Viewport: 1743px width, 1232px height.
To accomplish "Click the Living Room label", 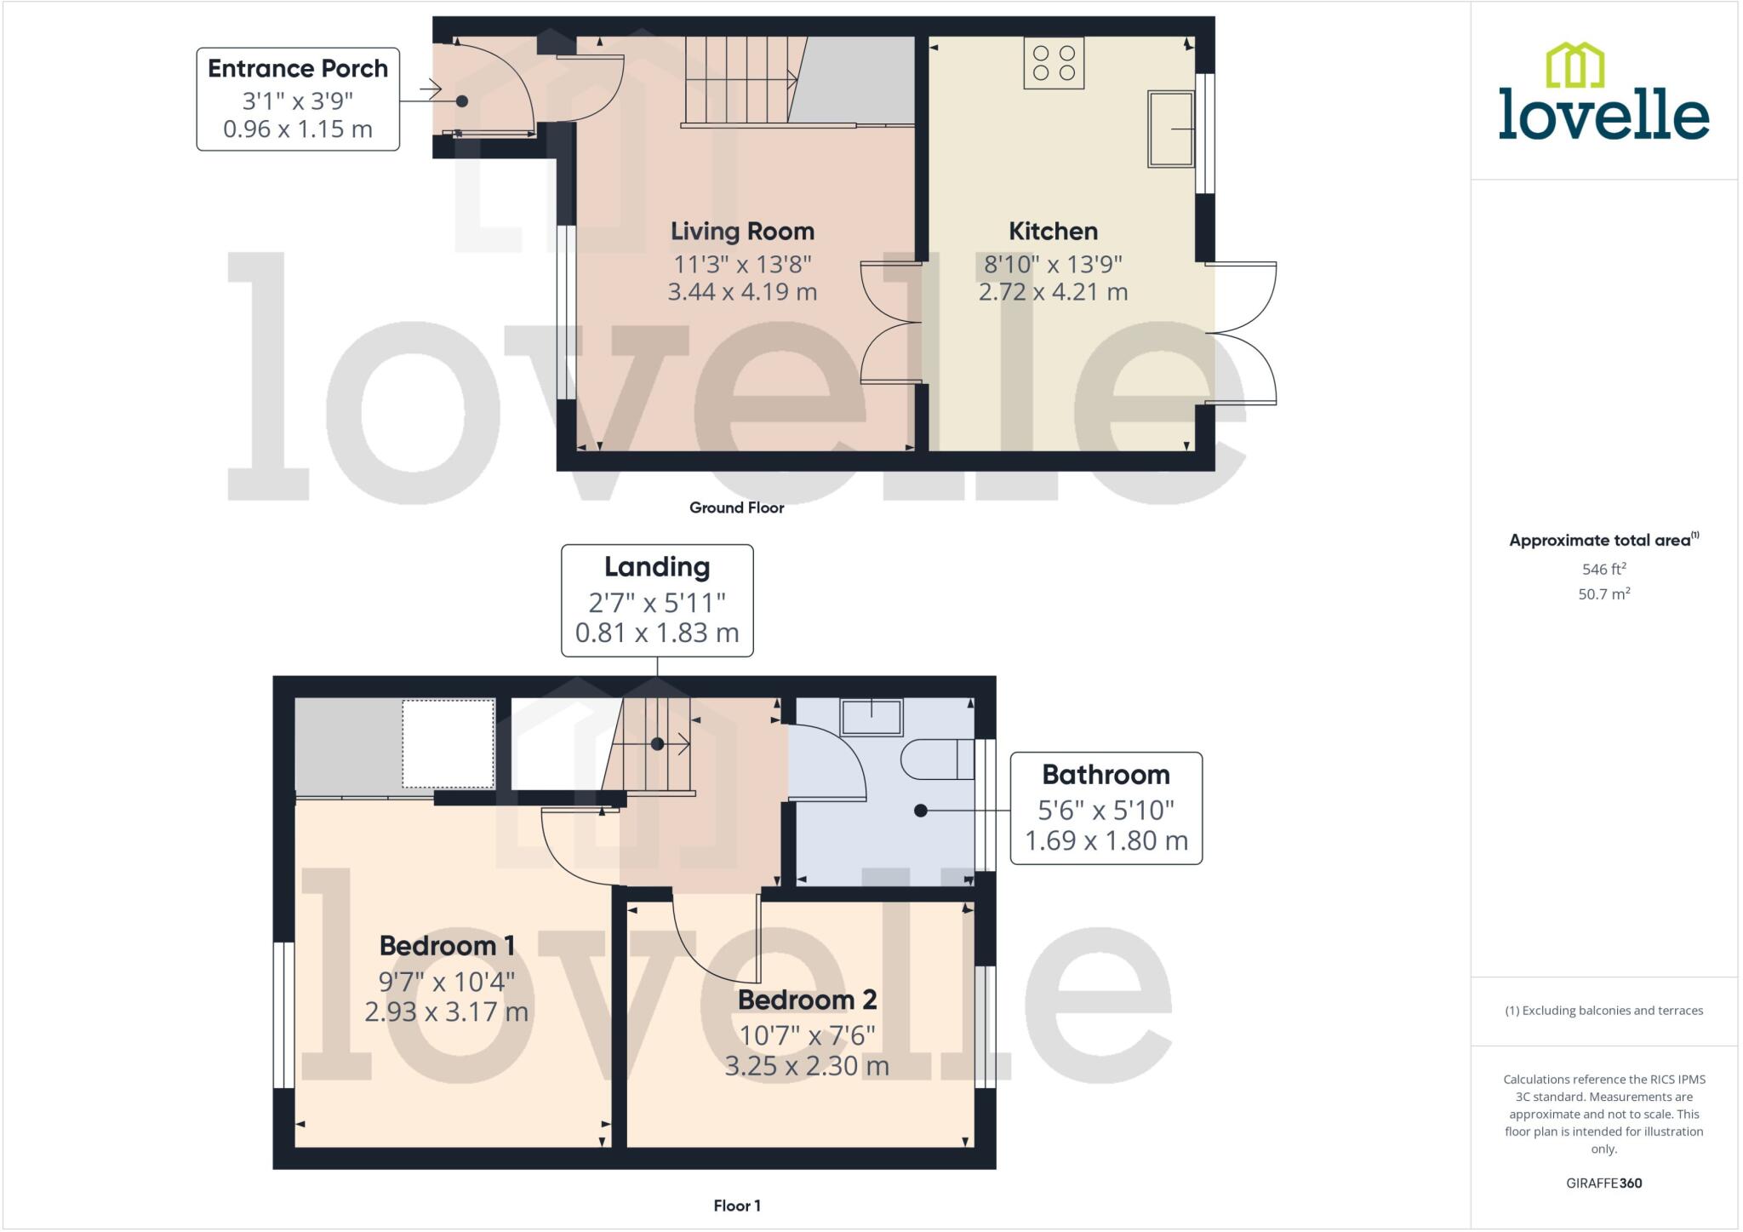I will [742, 232].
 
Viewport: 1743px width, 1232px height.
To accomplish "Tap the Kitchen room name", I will [1053, 232].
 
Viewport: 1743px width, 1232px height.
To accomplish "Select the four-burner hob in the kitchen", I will [1054, 63].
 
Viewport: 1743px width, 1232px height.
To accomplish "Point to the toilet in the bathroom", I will [937, 759].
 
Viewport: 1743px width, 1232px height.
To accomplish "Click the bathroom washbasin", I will [871, 717].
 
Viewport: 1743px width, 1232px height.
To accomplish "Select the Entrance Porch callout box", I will [298, 99].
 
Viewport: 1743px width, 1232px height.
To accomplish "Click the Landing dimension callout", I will [657, 600].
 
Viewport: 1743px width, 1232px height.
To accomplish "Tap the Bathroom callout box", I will [1106, 807].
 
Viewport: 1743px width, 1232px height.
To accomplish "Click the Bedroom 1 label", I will [447, 946].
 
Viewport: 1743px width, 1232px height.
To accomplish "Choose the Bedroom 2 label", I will [807, 1000].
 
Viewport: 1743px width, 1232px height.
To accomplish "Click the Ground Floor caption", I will [736, 507].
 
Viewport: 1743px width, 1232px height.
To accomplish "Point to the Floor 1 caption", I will [737, 1206].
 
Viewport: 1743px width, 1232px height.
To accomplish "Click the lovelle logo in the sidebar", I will [1603, 93].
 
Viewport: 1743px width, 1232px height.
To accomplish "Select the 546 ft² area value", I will [1603, 569].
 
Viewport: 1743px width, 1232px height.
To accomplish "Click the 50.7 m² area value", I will [1603, 594].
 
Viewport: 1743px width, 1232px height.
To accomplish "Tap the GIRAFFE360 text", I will [1603, 1183].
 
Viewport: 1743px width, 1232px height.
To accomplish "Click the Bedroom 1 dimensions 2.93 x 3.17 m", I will [447, 1012].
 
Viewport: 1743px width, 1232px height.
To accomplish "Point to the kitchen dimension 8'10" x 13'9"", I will [1053, 265].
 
